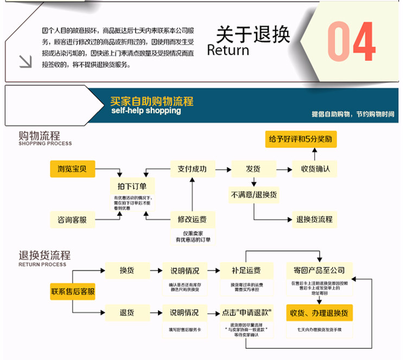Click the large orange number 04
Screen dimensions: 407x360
(x=351, y=42)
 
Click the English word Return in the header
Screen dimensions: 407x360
(x=228, y=50)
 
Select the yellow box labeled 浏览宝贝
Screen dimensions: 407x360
(x=72, y=169)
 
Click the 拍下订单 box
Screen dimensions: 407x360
(x=132, y=186)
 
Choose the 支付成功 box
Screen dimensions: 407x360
(x=192, y=169)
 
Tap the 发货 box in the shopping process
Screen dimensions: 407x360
(x=253, y=169)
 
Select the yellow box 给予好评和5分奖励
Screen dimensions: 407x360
(x=300, y=139)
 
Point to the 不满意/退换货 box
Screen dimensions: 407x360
(x=253, y=194)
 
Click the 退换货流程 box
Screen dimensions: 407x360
(x=314, y=220)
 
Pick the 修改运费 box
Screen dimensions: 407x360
(x=192, y=220)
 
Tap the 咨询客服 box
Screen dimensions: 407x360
(x=72, y=220)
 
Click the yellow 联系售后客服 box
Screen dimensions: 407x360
(x=73, y=291)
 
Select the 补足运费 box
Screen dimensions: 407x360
(x=245, y=270)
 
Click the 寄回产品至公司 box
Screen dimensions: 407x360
(x=319, y=270)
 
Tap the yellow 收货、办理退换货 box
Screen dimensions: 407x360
(x=319, y=313)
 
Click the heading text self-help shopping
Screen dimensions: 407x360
(x=145, y=111)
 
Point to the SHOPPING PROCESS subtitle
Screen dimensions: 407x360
(x=45, y=144)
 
